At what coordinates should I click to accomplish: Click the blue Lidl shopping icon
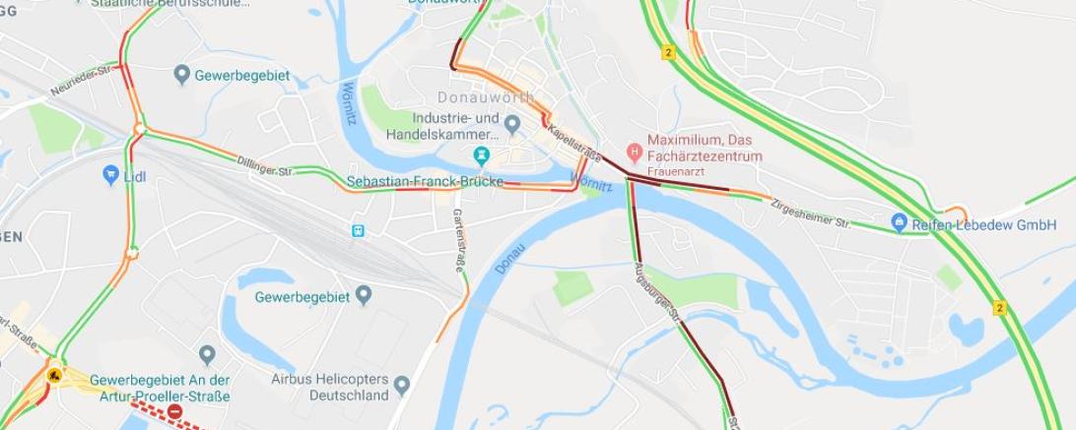click(110, 176)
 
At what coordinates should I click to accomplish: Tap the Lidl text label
click(134, 177)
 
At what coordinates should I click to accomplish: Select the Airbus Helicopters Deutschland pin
click(402, 383)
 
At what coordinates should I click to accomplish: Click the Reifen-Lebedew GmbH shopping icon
click(899, 223)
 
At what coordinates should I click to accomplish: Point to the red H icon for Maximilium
click(635, 154)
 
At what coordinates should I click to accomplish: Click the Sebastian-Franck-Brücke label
click(425, 182)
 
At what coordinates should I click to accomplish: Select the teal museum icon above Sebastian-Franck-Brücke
click(482, 154)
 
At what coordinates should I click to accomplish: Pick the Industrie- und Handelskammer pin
click(511, 124)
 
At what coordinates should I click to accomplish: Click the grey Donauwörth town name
click(486, 97)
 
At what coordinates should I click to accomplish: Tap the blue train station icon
click(357, 231)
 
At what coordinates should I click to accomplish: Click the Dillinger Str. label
click(264, 165)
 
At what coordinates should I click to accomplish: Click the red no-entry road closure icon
click(175, 411)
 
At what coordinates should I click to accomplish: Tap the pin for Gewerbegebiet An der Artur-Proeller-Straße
click(207, 354)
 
